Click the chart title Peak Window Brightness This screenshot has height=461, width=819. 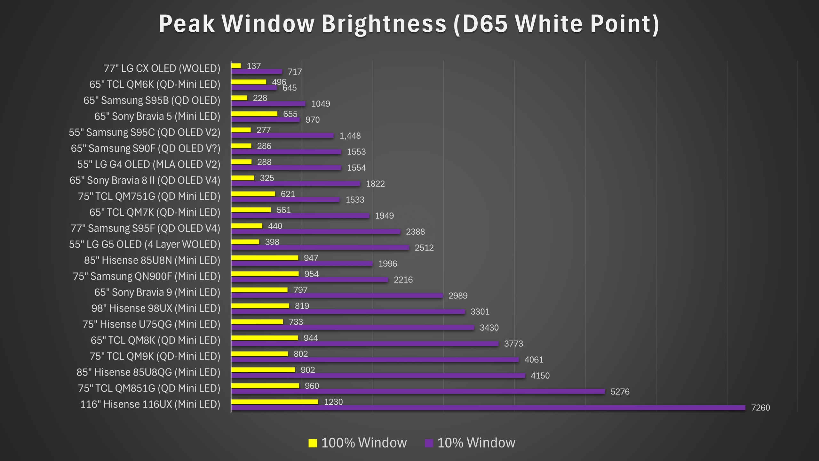tap(409, 24)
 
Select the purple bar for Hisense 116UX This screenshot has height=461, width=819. tap(488, 408)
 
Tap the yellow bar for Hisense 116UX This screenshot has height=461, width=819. tap(274, 402)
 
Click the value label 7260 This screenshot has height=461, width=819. tap(760, 408)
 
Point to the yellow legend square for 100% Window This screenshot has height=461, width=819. tap(313, 443)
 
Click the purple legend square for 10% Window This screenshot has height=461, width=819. tap(429, 443)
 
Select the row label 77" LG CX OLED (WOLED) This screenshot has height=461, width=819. tap(162, 69)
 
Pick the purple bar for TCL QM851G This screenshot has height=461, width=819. tap(418, 392)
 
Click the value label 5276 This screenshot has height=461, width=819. tap(620, 392)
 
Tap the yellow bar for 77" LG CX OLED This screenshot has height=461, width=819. tap(236, 66)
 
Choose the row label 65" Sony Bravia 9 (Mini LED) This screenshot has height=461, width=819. tap(157, 292)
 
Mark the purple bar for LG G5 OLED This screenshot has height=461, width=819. tap(320, 247)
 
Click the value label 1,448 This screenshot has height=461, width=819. tap(350, 136)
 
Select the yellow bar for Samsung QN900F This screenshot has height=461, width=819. tap(265, 274)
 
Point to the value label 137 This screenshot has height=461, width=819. tap(254, 66)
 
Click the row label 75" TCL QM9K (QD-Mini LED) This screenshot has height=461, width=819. tap(155, 356)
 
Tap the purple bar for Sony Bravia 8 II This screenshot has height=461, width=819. tap(296, 183)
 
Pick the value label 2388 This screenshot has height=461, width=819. tap(415, 232)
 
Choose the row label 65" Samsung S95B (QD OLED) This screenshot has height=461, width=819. tap(152, 101)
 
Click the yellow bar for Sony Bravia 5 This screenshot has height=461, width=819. tap(254, 114)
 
